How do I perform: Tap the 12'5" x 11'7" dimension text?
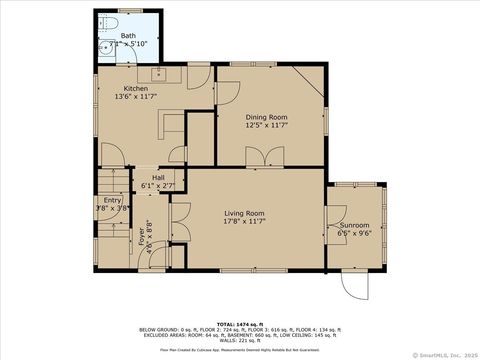[x=266, y=126]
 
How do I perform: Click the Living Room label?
[x=243, y=213]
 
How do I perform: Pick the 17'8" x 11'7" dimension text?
[x=243, y=222]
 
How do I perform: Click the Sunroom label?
[x=355, y=225]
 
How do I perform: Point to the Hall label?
[x=158, y=177]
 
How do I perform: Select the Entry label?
[x=112, y=200]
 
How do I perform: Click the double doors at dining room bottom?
[x=264, y=156]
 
